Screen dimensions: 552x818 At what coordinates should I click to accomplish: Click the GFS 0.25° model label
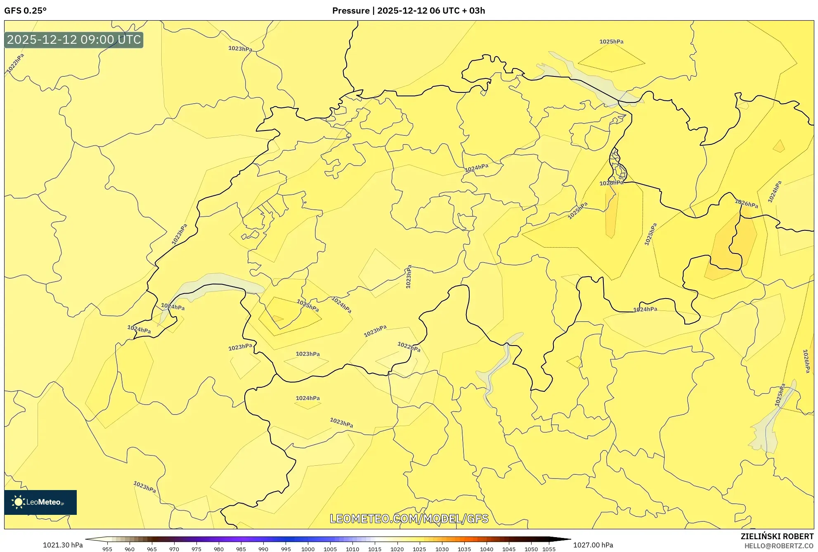coord(25,11)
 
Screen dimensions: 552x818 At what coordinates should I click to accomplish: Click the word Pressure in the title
coord(351,11)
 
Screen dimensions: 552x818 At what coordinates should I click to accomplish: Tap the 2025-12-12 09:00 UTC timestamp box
coord(74,40)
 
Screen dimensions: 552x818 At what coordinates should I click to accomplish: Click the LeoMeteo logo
coord(40,502)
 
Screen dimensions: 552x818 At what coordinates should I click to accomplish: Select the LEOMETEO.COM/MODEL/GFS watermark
coord(409,519)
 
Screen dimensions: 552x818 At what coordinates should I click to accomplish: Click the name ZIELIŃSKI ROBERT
coord(777,536)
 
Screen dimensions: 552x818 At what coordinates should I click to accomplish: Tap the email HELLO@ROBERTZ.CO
coord(779,546)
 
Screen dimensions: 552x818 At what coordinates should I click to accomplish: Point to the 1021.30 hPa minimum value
coord(63,545)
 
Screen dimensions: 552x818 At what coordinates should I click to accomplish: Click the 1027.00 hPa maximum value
coord(593,545)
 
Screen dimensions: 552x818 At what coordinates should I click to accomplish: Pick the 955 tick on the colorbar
coord(107,549)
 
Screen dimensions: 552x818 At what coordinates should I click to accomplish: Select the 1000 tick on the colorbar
coord(308,549)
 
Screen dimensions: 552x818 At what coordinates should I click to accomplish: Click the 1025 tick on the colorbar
coord(419,549)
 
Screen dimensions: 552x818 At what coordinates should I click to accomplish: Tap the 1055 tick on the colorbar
coord(549,549)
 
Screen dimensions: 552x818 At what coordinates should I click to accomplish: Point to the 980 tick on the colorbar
coord(219,549)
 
